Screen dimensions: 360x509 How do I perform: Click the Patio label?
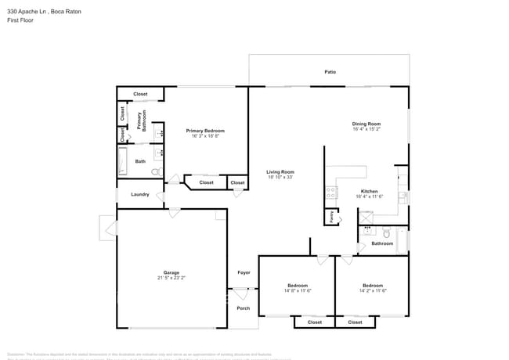click(x=330, y=72)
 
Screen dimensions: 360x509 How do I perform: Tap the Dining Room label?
click(x=366, y=124)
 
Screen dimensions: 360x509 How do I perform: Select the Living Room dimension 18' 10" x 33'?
click(x=280, y=177)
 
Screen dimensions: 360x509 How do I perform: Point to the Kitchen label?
click(x=369, y=191)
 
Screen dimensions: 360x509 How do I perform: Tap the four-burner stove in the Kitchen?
click(x=331, y=193)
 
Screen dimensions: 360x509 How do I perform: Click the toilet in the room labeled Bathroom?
click(x=385, y=232)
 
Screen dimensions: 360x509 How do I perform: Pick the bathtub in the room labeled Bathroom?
click(x=403, y=240)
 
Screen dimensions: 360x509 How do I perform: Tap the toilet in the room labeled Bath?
click(x=155, y=171)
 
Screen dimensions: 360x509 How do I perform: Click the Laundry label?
click(x=140, y=194)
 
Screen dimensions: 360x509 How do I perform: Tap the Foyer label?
click(x=244, y=272)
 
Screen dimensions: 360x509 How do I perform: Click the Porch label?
click(x=243, y=308)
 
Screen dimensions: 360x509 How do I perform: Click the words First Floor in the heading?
click(x=19, y=20)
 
